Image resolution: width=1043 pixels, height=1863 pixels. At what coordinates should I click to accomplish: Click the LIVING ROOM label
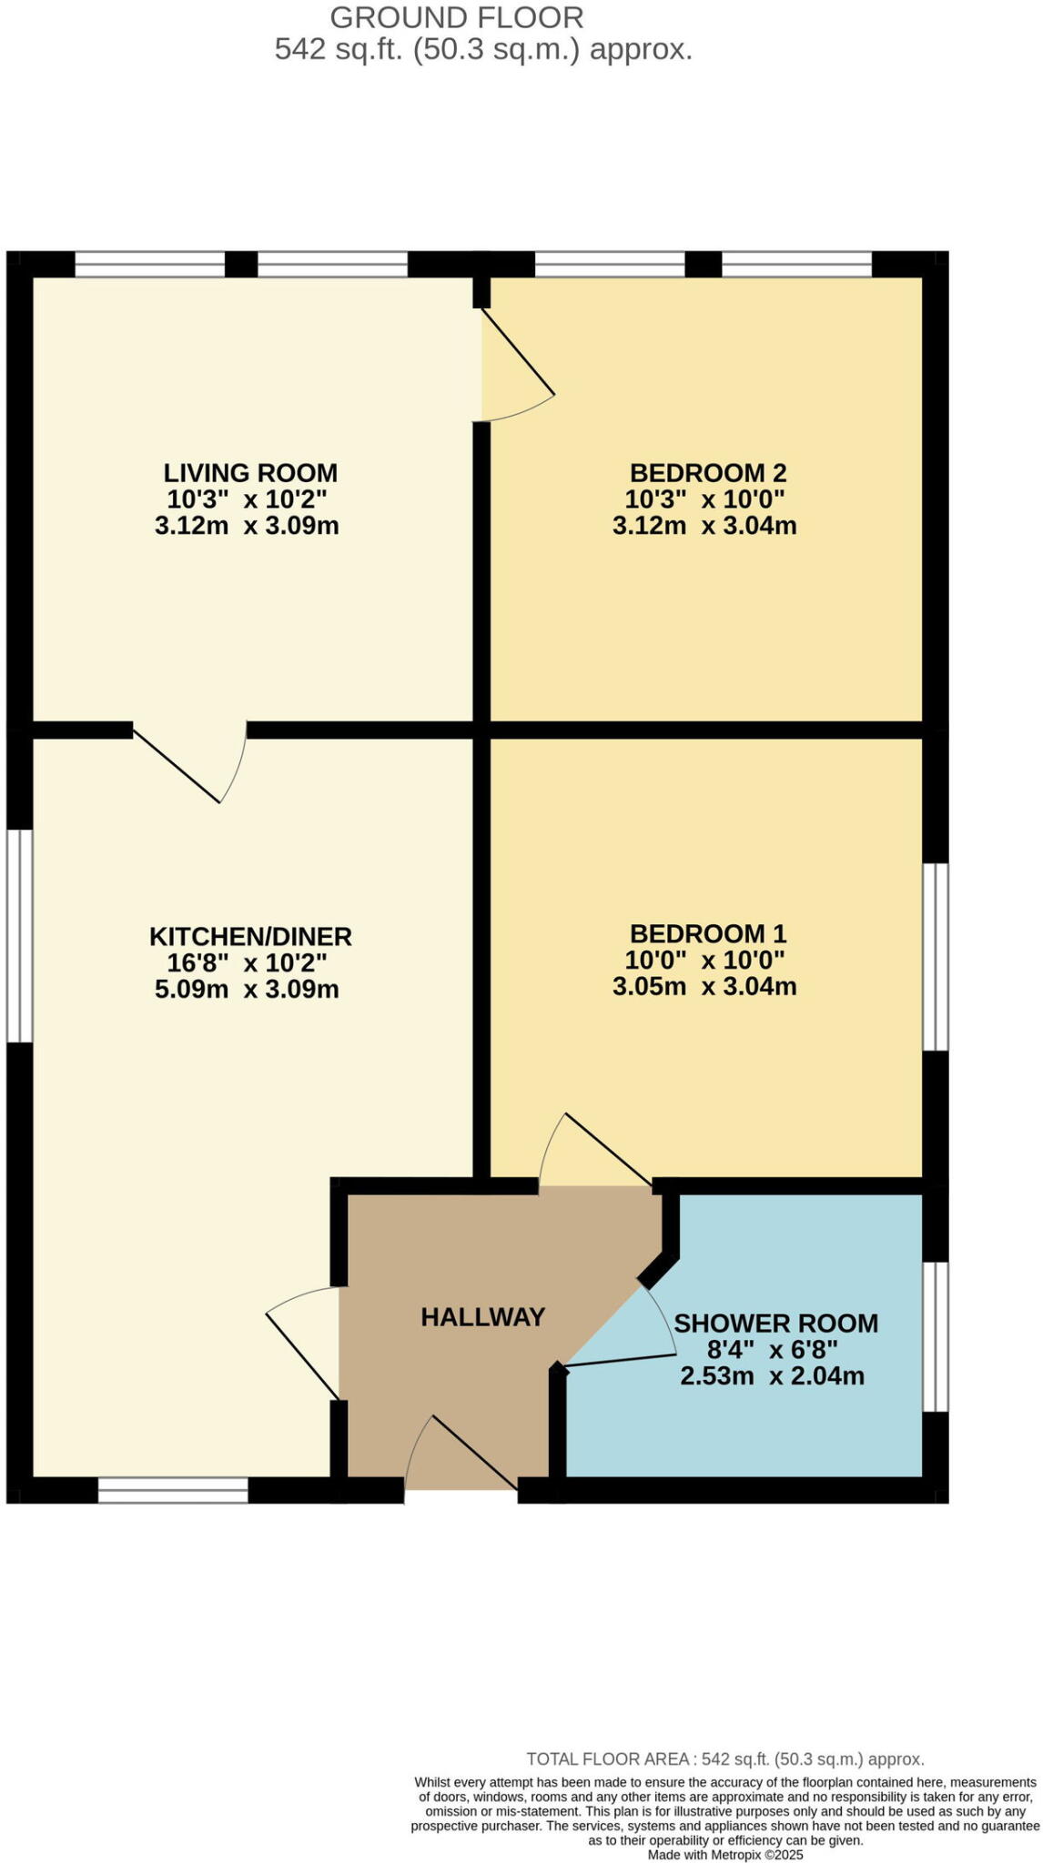tap(250, 473)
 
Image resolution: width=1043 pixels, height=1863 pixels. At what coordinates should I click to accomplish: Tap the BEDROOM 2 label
tap(707, 473)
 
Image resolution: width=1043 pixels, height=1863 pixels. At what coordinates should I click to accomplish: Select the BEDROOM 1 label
tap(707, 933)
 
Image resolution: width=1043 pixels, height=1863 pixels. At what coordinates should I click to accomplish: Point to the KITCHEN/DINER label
tap(250, 936)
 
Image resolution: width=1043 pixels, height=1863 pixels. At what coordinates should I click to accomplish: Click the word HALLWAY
tap(482, 1317)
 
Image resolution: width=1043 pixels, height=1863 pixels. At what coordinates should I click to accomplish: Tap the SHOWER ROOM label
tap(775, 1323)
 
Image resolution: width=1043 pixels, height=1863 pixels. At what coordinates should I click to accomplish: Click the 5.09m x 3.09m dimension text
tap(247, 990)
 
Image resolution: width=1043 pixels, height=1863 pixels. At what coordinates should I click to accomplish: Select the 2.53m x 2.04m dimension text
tap(772, 1375)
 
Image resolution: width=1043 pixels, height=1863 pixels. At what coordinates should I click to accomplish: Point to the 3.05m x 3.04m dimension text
tap(704, 987)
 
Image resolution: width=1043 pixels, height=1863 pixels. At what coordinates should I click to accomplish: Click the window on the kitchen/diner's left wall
tap(19, 934)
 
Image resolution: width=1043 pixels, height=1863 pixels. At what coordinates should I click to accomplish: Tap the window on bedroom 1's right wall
tap(936, 957)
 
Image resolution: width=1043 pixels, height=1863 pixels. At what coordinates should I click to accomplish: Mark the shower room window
tap(936, 1336)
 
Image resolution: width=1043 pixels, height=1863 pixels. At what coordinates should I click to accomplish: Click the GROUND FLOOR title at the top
tap(456, 17)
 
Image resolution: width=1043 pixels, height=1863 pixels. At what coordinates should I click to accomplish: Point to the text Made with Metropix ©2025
tap(724, 1855)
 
